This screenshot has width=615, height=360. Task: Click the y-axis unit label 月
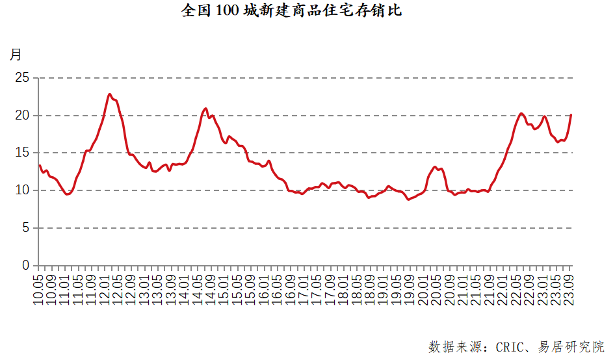(16, 54)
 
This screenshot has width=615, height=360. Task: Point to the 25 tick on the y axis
(23, 78)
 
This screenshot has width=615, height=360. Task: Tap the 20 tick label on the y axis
(23, 116)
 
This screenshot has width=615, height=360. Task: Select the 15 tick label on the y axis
(23, 153)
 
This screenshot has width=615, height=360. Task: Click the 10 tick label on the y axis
(23, 190)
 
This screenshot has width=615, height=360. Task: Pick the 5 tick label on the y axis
(26, 228)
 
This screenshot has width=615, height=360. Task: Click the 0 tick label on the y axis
(26, 265)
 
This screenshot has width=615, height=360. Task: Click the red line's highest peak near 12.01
(110, 94)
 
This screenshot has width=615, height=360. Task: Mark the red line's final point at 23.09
(571, 115)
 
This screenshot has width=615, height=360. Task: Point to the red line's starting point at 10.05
(39, 165)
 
